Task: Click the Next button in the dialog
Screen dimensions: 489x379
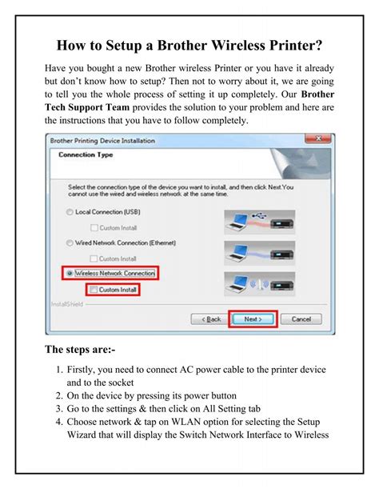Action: point(253,318)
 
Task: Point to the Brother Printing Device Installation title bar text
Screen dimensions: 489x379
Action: point(102,141)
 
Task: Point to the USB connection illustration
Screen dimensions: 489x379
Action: point(263,219)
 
